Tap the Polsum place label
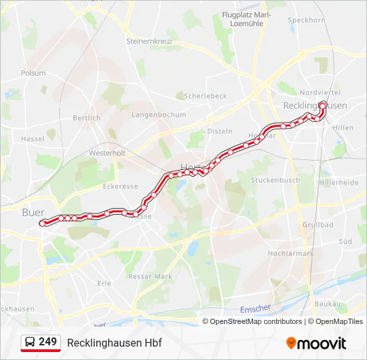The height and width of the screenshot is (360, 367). pos(33,73)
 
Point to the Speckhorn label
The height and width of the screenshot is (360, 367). pos(306,20)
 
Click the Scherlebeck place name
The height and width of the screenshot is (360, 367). pos(206,96)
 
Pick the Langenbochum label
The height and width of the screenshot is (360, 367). pos(159,115)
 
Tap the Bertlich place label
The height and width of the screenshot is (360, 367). pos(87,118)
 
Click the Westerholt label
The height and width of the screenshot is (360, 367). pos(107,153)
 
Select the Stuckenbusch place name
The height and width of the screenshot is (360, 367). pos(275,180)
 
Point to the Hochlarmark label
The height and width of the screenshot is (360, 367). pos(290,253)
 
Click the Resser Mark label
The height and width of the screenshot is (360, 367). pos(150,276)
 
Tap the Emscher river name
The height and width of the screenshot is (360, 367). pos(256,308)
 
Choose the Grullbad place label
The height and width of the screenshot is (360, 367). pos(318,225)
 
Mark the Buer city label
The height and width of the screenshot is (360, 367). pos(33,213)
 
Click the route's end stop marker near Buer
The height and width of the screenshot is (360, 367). pos(43,223)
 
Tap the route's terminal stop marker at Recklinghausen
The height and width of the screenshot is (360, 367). pos(323,105)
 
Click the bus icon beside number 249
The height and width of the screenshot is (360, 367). pos(30,343)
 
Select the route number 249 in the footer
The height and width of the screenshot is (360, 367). pos(48,342)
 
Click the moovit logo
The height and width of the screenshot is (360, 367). pos(316,343)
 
